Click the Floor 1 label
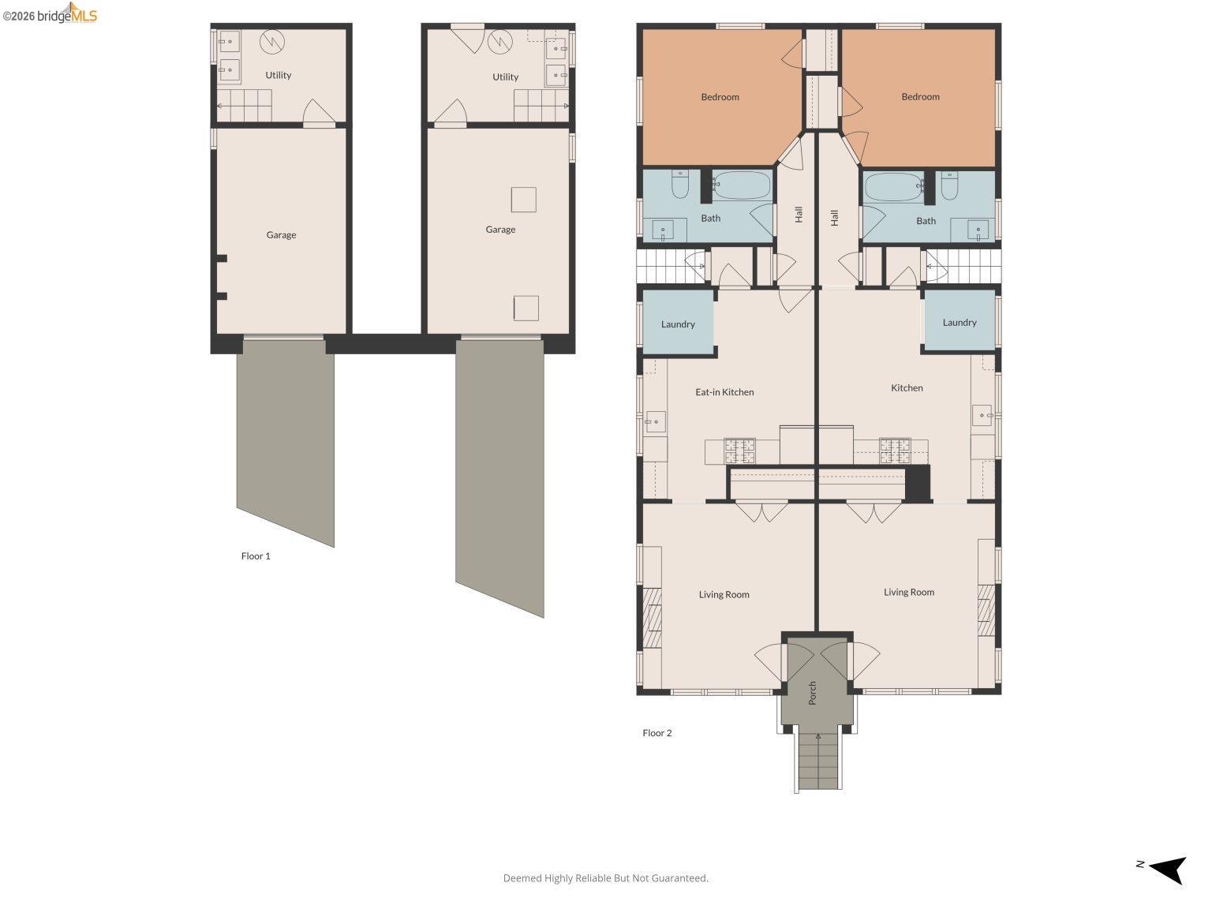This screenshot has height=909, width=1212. (256, 556)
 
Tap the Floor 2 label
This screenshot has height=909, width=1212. (656, 733)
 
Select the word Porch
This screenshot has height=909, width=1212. (813, 693)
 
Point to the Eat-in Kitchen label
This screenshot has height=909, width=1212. (724, 392)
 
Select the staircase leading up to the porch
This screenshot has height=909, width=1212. (817, 761)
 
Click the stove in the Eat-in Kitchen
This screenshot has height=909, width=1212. (739, 451)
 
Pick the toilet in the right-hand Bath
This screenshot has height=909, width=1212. (949, 185)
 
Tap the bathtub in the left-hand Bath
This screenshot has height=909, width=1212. (741, 185)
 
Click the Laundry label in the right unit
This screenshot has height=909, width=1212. (959, 323)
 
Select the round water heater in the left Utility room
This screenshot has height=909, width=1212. (272, 42)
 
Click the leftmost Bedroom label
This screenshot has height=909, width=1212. (720, 97)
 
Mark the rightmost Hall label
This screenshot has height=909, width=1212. (834, 218)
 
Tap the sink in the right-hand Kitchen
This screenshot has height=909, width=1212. (982, 414)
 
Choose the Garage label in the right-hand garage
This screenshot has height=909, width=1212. (500, 230)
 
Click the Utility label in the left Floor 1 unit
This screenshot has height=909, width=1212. (278, 76)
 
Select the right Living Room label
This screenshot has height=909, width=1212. (908, 593)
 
